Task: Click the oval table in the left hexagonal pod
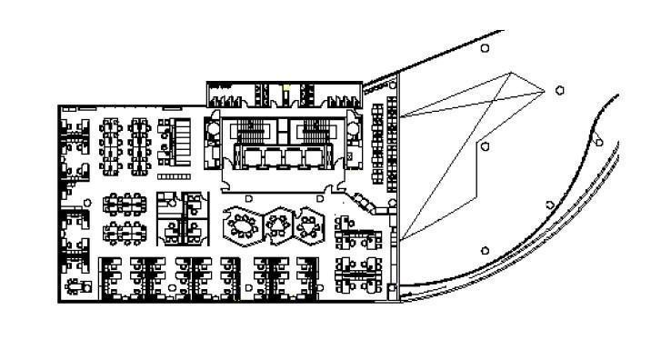tap(241, 225)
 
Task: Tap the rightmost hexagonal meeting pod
tap(309, 225)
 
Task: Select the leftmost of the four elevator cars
tap(248, 157)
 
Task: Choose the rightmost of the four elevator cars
tap(314, 157)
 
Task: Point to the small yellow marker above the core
tap(285, 88)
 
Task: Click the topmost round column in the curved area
tap(486, 47)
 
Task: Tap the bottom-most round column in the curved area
tap(485, 250)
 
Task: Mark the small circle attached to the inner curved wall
tap(599, 140)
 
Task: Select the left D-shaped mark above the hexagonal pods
tap(248, 197)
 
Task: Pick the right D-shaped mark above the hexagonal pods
tap(320, 197)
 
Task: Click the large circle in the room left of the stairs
tap(212, 130)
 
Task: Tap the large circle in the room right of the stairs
tap(353, 130)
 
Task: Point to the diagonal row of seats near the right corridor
tap(368, 202)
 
